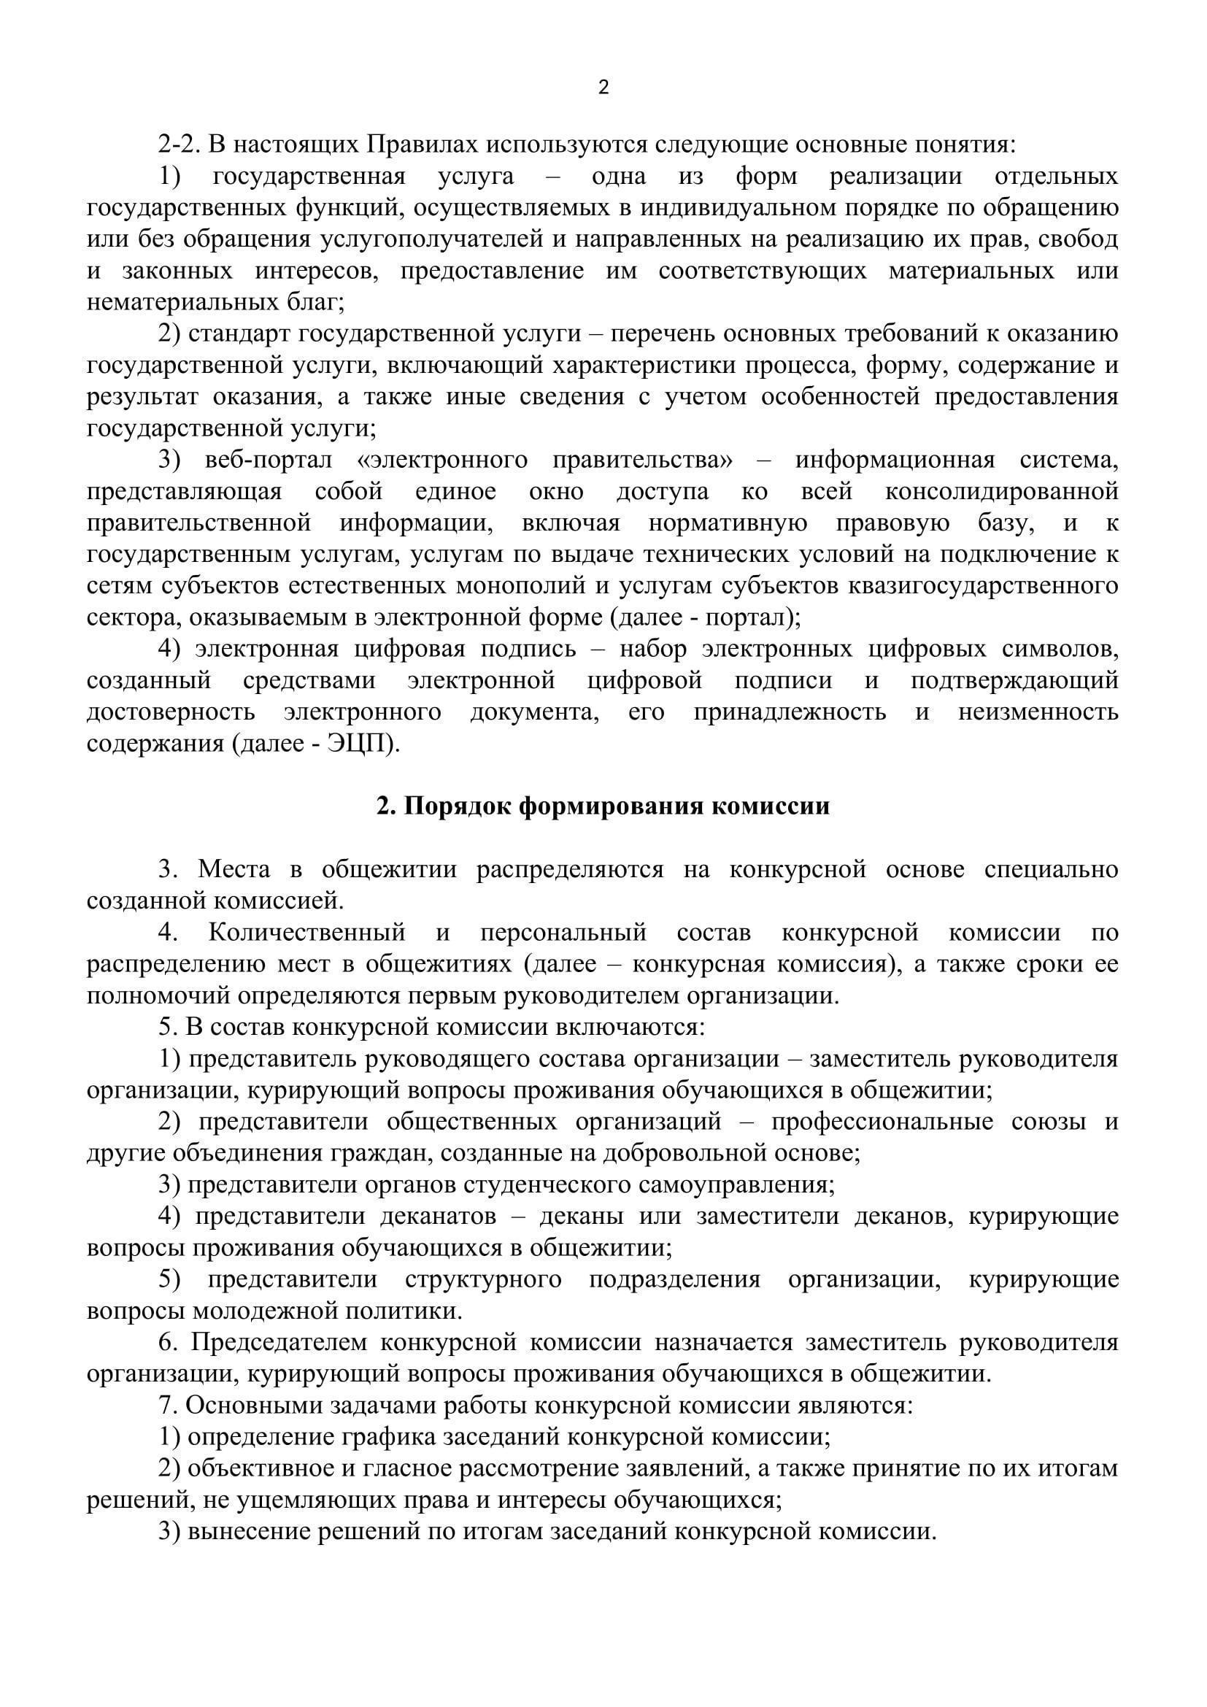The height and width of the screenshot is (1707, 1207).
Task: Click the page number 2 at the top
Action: click(x=603, y=88)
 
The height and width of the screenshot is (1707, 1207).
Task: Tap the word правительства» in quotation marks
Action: click(x=642, y=461)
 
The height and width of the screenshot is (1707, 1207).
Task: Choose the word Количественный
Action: click(x=307, y=932)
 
